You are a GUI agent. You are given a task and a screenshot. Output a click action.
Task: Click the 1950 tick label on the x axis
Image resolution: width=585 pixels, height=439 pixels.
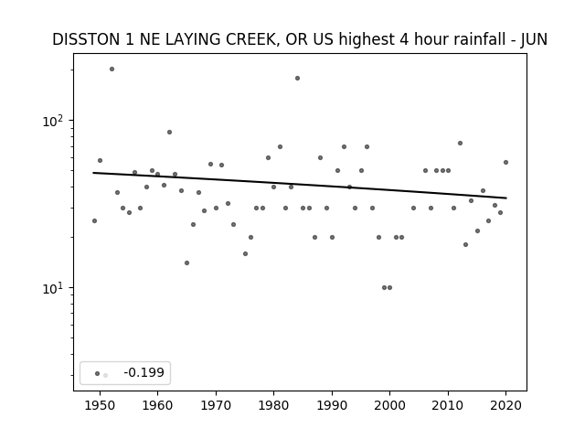(x=100, y=405)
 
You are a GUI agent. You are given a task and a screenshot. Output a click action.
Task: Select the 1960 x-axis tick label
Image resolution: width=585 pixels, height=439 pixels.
(x=157, y=405)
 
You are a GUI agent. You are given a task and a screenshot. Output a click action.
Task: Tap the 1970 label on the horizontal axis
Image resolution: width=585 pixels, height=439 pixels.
(x=216, y=405)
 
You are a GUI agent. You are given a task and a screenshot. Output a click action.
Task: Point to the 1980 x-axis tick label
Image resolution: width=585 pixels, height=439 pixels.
(x=273, y=405)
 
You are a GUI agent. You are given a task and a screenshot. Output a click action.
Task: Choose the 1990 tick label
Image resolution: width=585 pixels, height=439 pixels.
(x=332, y=405)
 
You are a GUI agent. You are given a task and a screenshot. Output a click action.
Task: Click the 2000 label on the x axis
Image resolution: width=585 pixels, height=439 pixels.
(x=389, y=405)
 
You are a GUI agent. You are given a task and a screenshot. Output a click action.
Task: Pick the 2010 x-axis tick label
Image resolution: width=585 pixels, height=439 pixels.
(x=448, y=405)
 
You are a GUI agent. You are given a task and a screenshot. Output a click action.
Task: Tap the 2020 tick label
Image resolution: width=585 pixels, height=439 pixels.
(x=505, y=405)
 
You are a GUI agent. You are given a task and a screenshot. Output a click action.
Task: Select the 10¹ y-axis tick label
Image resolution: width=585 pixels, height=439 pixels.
(x=54, y=288)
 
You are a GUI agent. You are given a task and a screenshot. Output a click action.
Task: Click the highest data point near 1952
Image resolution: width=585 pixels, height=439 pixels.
(x=112, y=70)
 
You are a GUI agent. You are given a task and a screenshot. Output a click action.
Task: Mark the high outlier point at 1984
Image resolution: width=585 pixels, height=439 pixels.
(x=297, y=78)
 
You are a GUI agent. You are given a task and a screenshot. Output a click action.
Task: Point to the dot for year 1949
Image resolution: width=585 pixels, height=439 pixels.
(x=94, y=221)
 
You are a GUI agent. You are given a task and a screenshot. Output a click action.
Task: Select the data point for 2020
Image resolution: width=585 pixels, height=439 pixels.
(x=505, y=163)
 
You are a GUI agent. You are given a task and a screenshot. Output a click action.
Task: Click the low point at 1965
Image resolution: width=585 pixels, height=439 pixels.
(x=186, y=262)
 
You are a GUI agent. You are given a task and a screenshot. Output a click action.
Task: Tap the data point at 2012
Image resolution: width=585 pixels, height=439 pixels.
(x=460, y=143)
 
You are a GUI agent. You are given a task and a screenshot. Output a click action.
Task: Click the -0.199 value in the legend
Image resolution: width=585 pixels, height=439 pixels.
(x=144, y=372)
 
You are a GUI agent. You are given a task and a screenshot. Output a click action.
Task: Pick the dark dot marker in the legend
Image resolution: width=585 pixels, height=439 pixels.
(x=97, y=373)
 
